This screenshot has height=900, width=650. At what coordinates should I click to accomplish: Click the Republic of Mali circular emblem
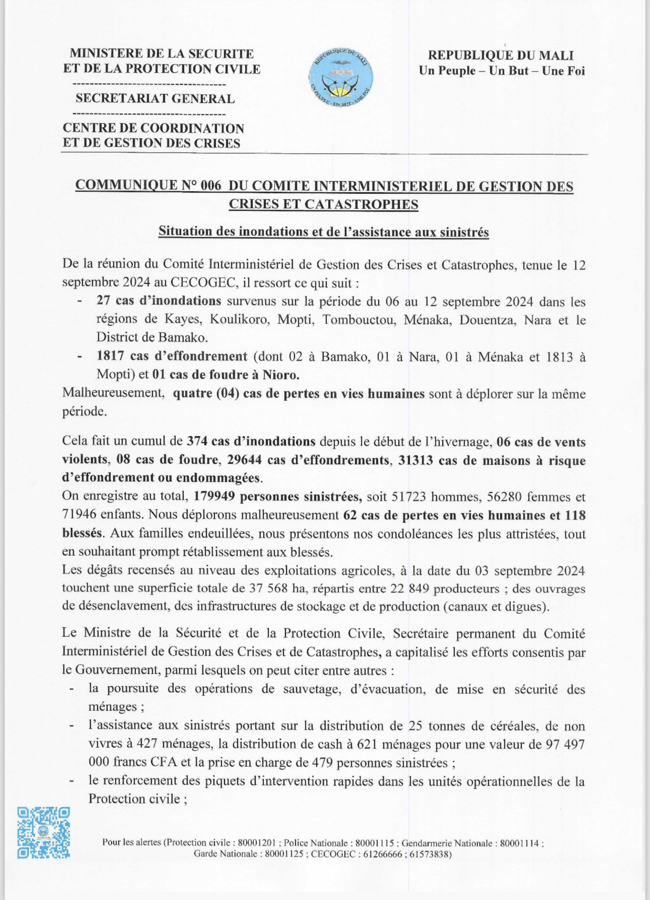coord(341,78)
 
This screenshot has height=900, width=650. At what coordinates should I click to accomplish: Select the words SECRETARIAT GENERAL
coord(155,98)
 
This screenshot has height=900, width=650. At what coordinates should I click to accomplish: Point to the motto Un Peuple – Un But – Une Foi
coord(501,71)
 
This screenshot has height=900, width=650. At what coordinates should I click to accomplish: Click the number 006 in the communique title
coord(211,186)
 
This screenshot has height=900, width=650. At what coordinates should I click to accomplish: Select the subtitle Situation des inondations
coord(323,231)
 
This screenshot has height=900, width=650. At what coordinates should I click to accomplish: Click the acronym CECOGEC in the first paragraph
coord(204,283)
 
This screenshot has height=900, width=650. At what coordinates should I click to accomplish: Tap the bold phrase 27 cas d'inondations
coord(159,301)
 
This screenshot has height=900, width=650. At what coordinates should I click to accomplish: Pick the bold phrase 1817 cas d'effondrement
coord(172,357)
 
